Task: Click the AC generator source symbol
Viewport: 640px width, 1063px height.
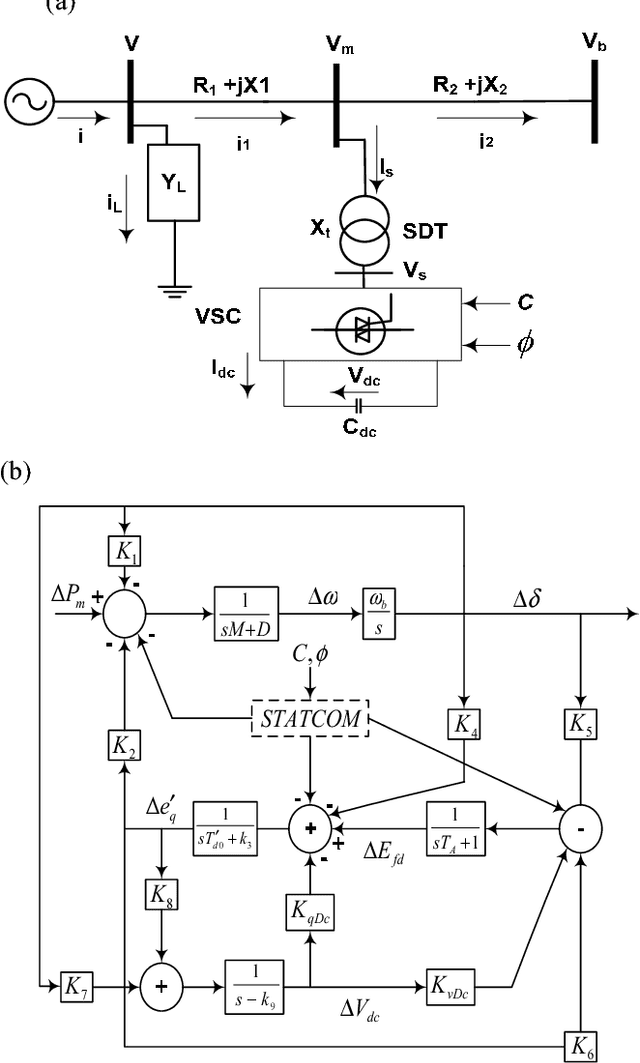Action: [27, 101]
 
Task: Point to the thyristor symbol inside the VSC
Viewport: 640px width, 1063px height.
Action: [359, 326]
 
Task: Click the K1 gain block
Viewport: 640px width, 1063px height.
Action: [125, 551]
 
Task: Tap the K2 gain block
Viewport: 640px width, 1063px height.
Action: [125, 742]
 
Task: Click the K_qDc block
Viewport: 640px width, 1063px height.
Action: [310, 909]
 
